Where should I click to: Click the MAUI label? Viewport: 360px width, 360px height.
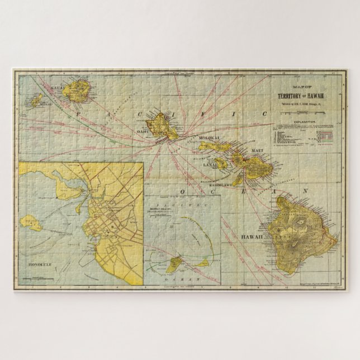click(255, 150)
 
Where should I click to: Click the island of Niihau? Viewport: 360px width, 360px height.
click(36, 100)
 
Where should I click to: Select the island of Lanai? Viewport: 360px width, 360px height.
click(220, 163)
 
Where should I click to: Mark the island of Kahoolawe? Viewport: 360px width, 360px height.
click(238, 181)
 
